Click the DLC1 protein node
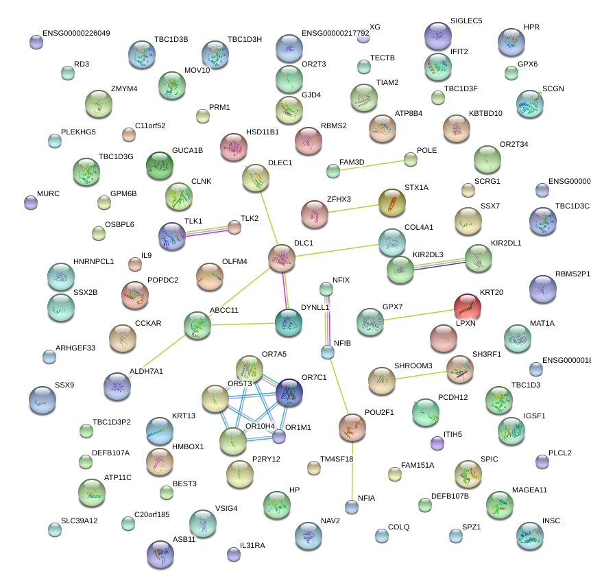pyautogui.click(x=282, y=258)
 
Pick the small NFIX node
pyautogui.click(x=326, y=288)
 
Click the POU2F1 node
pyautogui.click(x=352, y=427)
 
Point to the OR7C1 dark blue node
pyautogui.click(x=289, y=392)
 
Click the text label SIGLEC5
pyautogui.click(x=466, y=21)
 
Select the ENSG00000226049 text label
pyautogui.click(x=76, y=33)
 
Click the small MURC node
pyautogui.click(x=31, y=202)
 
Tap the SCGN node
pyautogui.click(x=529, y=104)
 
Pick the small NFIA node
pyautogui.click(x=352, y=507)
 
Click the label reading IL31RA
pyautogui.click(x=252, y=545)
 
